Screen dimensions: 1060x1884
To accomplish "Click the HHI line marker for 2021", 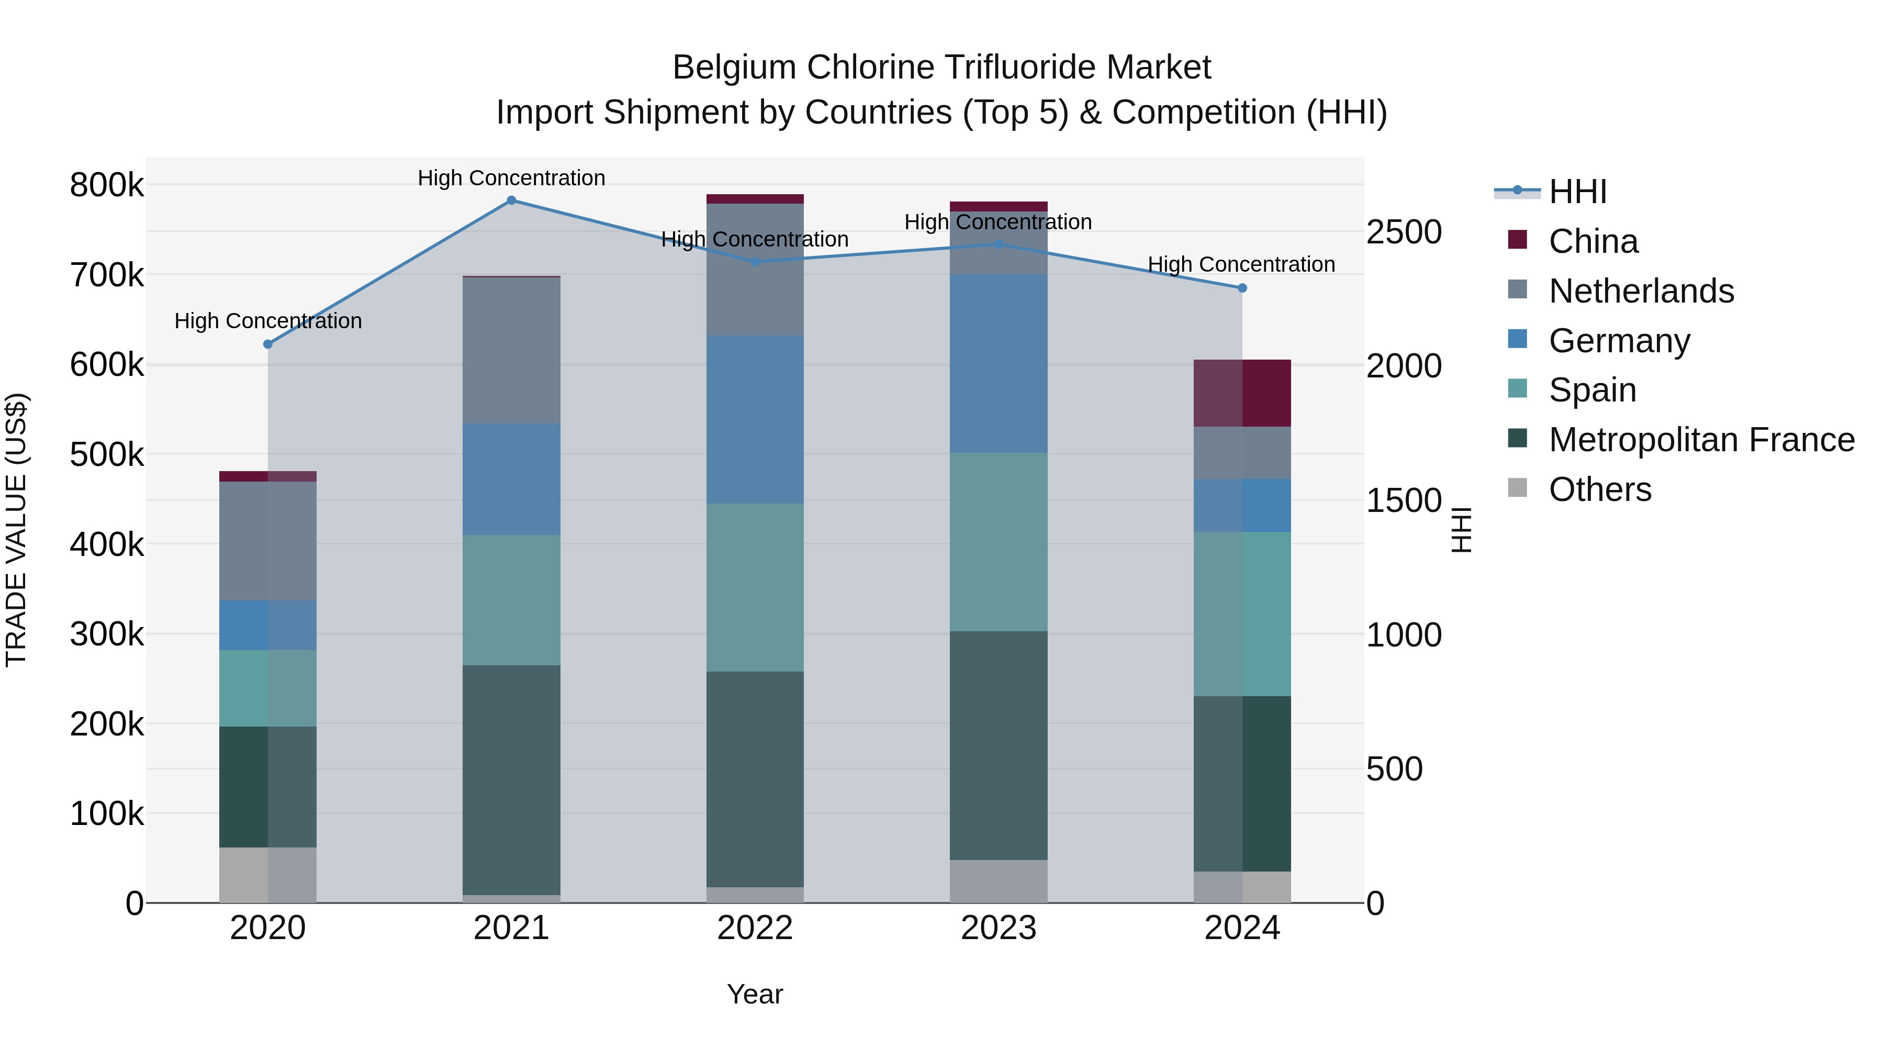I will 511,200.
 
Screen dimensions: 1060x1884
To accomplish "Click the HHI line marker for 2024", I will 1242,288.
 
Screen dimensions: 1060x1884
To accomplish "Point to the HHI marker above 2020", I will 267,344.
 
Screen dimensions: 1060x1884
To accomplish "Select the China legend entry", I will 1593,241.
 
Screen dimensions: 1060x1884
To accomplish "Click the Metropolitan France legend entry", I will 1701,440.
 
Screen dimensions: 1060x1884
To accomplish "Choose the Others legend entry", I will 1599,489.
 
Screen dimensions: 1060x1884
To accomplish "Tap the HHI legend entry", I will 1577,192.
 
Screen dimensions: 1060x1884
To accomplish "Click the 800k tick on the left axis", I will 107,185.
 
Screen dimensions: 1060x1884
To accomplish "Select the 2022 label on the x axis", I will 755,928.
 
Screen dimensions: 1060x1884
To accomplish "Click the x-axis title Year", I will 755,994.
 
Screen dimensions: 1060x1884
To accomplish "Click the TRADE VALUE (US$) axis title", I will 16,530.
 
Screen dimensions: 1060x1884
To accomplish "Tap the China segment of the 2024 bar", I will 1242,393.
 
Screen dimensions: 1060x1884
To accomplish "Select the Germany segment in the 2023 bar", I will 999,364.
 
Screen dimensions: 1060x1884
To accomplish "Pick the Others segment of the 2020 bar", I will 267,874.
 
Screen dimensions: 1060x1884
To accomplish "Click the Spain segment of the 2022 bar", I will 755,587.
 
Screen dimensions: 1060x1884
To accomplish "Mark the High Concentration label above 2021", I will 511,178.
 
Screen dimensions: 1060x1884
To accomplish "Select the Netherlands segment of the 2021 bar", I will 511,350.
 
